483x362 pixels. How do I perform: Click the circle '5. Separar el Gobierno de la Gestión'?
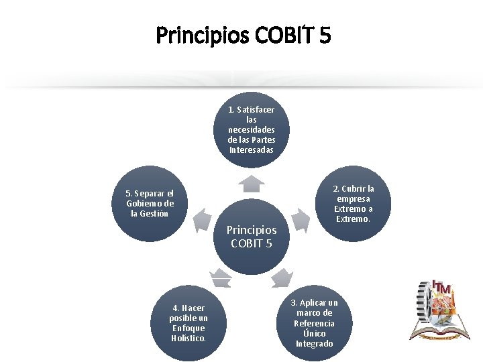[150, 204]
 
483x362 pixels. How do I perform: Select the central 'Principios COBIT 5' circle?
[252, 236]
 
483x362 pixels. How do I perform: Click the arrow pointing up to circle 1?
[252, 182]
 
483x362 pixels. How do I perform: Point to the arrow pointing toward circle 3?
[283, 276]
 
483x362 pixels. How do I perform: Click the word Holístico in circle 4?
[189, 339]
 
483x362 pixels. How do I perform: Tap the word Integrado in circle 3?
[314, 344]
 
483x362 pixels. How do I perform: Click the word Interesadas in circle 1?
[252, 149]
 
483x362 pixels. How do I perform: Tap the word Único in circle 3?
[314, 333]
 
